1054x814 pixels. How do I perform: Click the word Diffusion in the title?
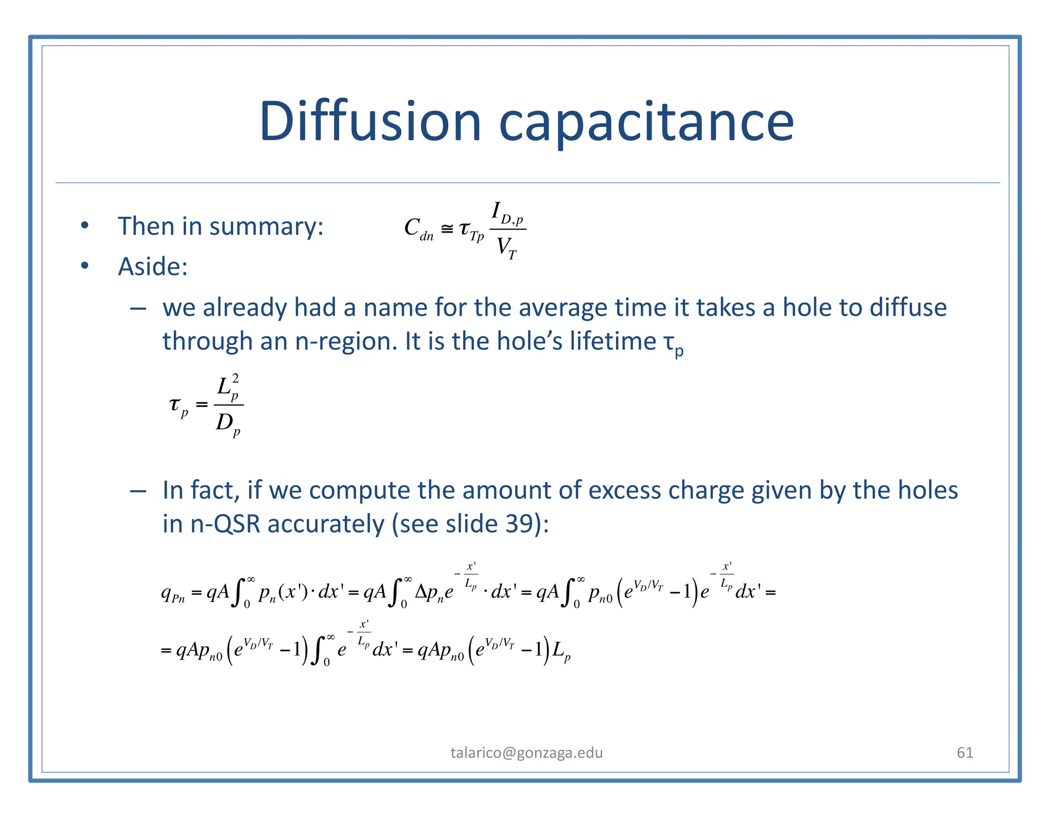[370, 121]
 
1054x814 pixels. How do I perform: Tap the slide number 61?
[965, 753]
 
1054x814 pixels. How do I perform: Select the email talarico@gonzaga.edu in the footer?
[526, 753]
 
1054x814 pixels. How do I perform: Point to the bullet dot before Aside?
[85, 266]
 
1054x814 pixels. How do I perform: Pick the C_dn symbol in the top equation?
[418, 228]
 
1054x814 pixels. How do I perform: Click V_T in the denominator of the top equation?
[506, 248]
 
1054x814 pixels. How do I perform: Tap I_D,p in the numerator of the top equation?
[507, 213]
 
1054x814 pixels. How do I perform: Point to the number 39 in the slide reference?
[520, 524]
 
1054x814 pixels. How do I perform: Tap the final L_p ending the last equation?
[561, 651]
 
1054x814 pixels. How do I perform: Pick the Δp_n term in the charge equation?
[429, 593]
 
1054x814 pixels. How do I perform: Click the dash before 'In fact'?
[138, 491]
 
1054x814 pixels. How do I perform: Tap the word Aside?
[153, 267]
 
